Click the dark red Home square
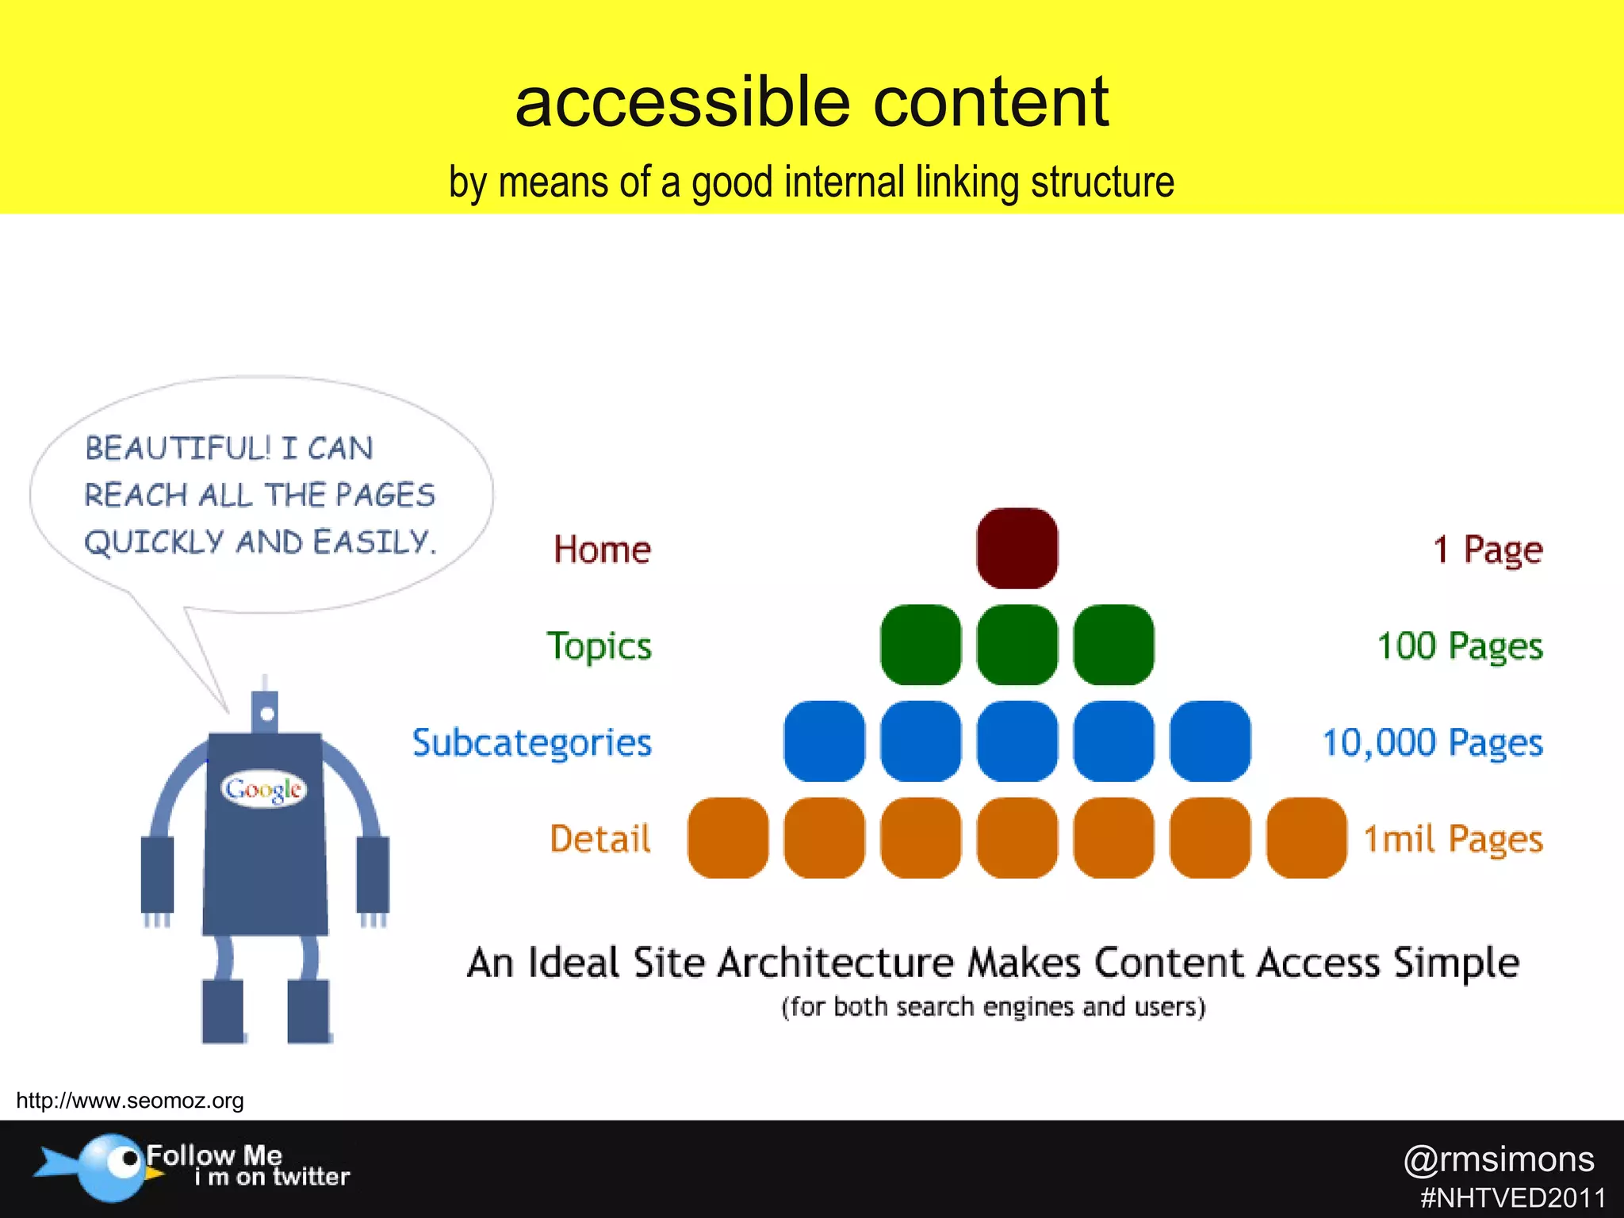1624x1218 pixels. (x=1017, y=549)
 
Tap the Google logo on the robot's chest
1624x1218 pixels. (x=263, y=789)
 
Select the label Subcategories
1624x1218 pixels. (x=531, y=743)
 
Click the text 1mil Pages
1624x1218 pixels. (x=1453, y=839)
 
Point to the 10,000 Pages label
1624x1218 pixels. (x=1432, y=743)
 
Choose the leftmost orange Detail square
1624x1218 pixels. (x=728, y=838)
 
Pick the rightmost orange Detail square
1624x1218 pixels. (x=1306, y=838)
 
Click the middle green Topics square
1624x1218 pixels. (x=1017, y=645)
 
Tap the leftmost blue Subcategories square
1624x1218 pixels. (x=824, y=741)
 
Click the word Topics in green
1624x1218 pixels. (x=599, y=646)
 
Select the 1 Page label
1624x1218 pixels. (x=1488, y=550)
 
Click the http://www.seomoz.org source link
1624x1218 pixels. (x=130, y=1101)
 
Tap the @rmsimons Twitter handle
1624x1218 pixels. (x=1499, y=1159)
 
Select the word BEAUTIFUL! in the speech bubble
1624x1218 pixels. (x=178, y=448)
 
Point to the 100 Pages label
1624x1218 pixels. (x=1460, y=646)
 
